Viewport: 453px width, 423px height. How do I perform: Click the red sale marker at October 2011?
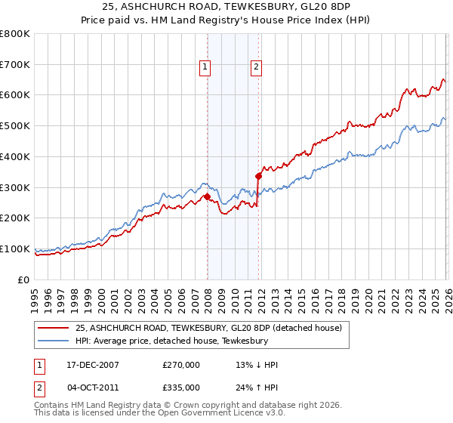point(258,176)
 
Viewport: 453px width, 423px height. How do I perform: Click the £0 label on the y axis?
point(24,279)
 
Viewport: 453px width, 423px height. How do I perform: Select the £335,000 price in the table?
point(180,387)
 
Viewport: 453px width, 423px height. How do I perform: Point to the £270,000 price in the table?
point(180,365)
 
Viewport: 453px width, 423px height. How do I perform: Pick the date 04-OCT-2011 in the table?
point(91,387)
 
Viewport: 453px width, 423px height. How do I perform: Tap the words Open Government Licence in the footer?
point(217,413)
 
